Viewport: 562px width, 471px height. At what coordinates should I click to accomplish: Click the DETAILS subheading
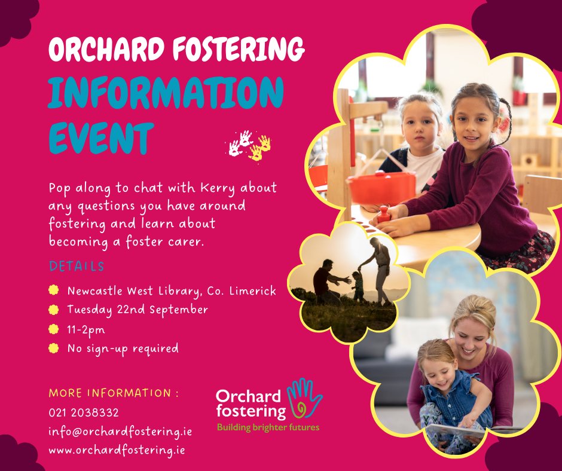[x=77, y=266]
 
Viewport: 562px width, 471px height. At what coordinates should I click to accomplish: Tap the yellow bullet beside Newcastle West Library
[x=54, y=291]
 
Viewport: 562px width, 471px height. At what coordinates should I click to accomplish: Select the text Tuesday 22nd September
[x=138, y=310]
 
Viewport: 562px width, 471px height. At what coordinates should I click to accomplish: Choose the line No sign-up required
[x=123, y=348]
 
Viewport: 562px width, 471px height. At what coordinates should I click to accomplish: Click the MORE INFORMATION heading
[x=114, y=393]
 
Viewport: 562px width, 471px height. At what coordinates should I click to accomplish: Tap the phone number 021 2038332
[x=84, y=412]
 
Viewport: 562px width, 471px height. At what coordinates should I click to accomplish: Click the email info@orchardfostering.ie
[x=120, y=431]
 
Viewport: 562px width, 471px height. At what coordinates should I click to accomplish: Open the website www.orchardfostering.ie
[x=117, y=450]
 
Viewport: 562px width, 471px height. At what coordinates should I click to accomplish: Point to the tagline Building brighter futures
[x=268, y=427]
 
